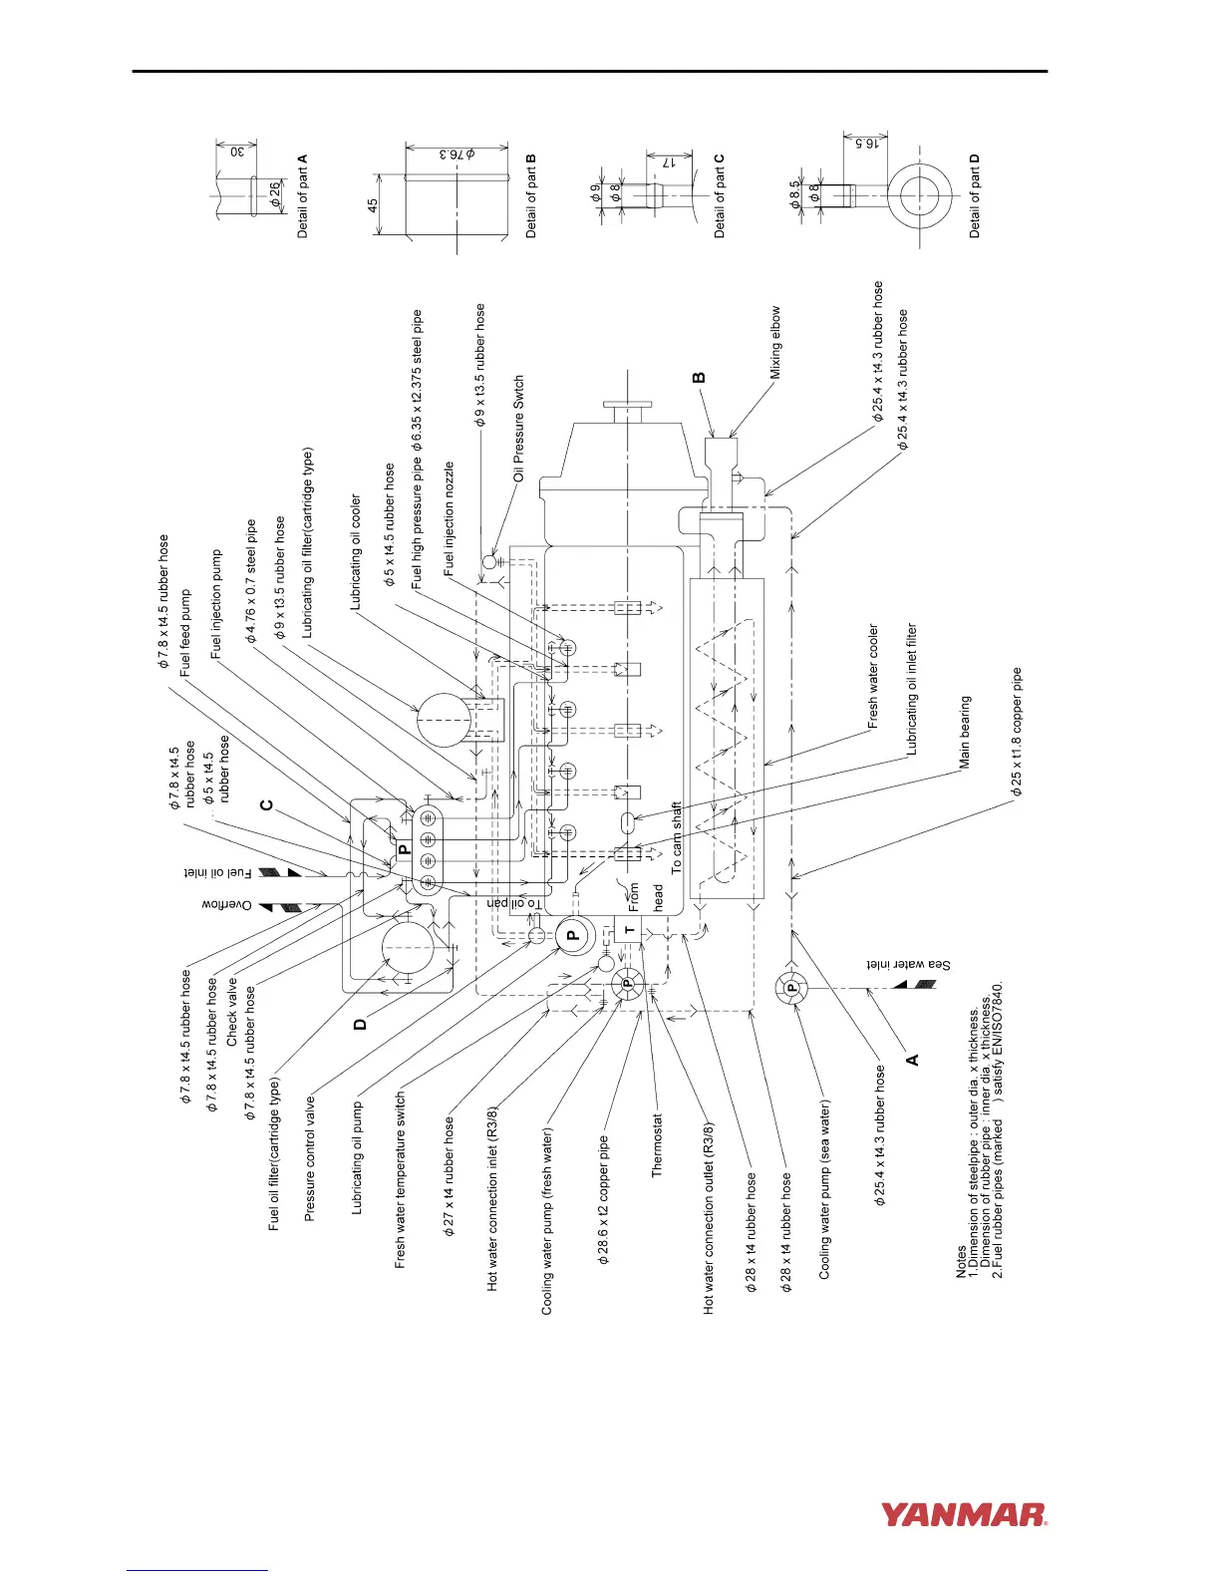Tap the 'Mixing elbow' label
click(x=775, y=342)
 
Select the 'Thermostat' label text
click(x=657, y=1145)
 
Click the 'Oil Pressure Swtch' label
click(x=519, y=429)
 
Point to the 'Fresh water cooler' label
click(x=873, y=678)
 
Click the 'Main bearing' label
click(x=965, y=732)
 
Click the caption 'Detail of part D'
click(x=975, y=194)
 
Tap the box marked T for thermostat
click(x=628, y=930)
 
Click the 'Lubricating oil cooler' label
click(x=356, y=552)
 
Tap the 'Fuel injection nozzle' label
click(x=450, y=518)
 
